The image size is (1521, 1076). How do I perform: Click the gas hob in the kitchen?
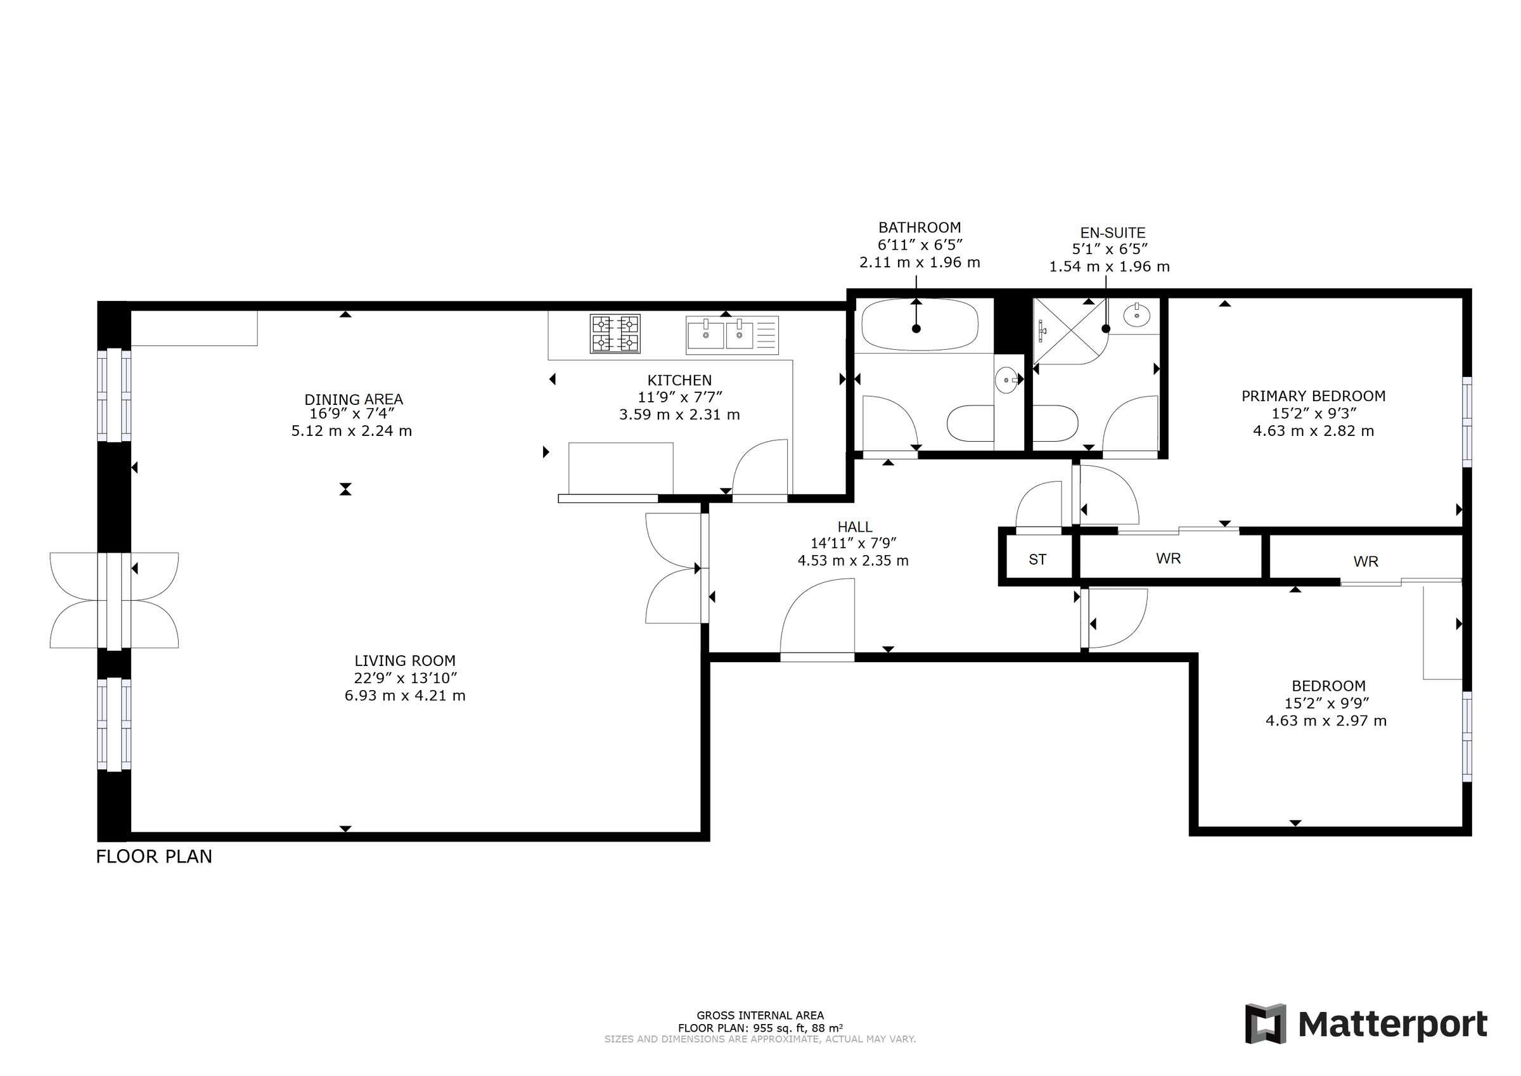[615, 333]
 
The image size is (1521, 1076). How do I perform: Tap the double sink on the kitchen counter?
[721, 335]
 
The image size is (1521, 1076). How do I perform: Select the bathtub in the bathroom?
[919, 324]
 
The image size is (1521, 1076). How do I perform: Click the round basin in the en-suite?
[1137, 315]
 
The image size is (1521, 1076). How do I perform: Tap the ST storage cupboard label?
[1037, 560]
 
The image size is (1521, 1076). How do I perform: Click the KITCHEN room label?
[679, 380]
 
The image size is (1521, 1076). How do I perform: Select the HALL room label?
[854, 527]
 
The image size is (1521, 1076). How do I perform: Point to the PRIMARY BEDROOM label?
[1312, 396]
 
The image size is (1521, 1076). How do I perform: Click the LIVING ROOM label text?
[405, 660]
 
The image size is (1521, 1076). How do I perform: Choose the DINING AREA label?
[353, 399]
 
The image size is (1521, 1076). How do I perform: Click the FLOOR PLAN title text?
[154, 857]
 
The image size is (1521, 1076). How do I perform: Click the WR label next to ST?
[1168, 558]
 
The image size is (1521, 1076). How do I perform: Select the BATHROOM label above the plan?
[919, 227]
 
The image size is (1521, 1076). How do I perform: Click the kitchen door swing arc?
[759, 467]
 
